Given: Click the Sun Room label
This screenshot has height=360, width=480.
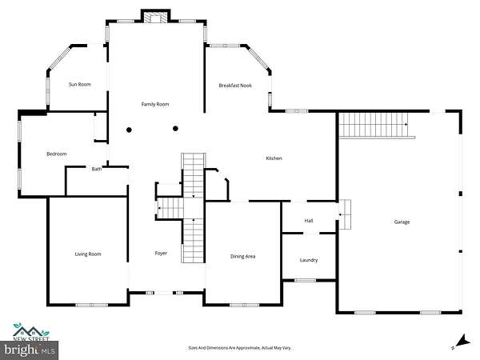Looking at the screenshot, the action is click(x=79, y=85).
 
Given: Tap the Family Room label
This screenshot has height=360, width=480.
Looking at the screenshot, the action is click(x=155, y=104).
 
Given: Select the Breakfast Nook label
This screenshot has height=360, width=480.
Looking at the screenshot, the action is click(x=235, y=86).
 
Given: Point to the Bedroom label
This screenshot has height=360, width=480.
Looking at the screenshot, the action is click(x=57, y=154).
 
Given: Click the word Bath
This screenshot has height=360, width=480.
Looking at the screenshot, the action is click(x=97, y=169).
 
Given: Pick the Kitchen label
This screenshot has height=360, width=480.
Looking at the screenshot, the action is click(x=274, y=158).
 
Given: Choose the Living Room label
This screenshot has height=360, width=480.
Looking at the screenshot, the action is click(x=88, y=254).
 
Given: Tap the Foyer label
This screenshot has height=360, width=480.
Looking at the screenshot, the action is click(x=161, y=253).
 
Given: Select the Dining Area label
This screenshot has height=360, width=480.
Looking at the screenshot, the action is click(x=242, y=257).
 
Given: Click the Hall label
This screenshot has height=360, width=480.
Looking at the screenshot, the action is click(x=309, y=221).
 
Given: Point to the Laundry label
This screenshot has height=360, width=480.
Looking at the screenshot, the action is click(x=309, y=260).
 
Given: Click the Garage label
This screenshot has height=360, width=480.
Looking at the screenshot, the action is click(x=402, y=222).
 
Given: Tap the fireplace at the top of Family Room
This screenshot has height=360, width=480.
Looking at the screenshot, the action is click(x=156, y=17).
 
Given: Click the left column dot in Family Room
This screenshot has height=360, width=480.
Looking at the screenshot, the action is click(x=129, y=130).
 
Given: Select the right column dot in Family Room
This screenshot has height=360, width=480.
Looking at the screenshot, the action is click(x=175, y=129).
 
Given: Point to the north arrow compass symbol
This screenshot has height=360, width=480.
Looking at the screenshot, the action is click(x=462, y=342).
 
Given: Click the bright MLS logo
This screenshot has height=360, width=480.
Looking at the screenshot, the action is click(x=29, y=350).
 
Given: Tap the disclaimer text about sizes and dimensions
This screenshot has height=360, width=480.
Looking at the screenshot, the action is click(x=240, y=348).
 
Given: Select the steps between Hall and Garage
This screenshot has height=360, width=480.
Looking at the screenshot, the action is click(x=345, y=214).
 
